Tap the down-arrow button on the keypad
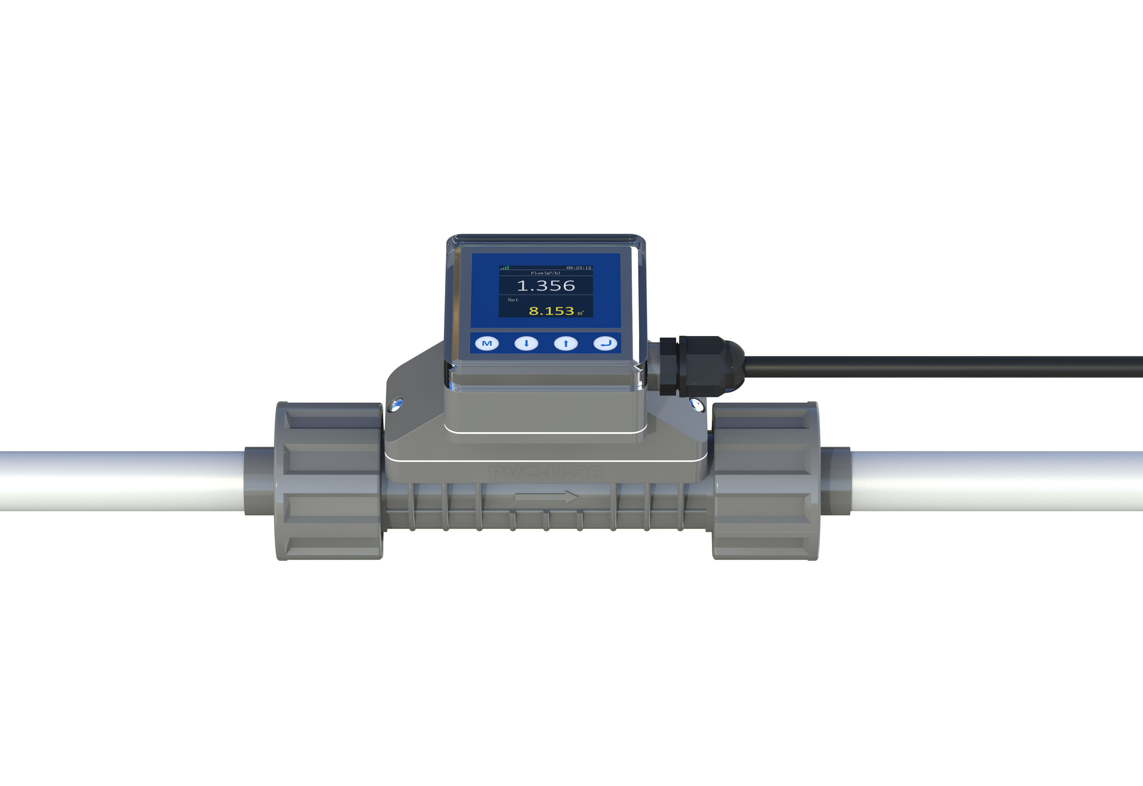(526, 343)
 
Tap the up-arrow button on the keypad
(565, 343)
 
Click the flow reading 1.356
(546, 286)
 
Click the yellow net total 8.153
(551, 311)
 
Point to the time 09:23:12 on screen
(579, 268)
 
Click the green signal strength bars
(504, 268)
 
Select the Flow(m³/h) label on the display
(545, 273)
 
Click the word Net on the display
(513, 299)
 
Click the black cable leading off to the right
(936, 367)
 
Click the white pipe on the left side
(118, 480)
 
